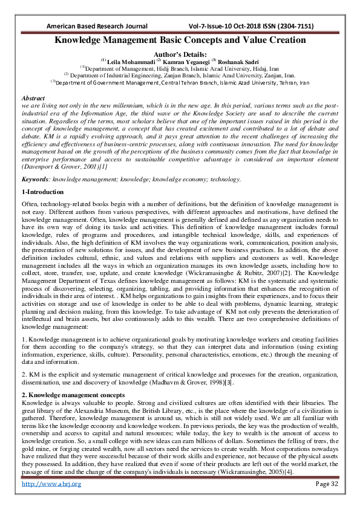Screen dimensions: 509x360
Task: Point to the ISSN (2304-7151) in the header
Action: [x=294, y=27]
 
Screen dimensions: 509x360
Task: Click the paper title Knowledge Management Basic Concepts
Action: [x=180, y=41]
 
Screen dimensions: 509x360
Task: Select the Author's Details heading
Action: [x=180, y=53]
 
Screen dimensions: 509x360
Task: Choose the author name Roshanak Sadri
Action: [x=240, y=61]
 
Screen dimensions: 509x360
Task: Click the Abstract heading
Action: [x=33, y=98]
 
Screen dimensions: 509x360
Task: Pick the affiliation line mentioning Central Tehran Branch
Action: [x=180, y=82]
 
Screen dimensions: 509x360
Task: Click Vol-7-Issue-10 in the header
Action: [x=218, y=27]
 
